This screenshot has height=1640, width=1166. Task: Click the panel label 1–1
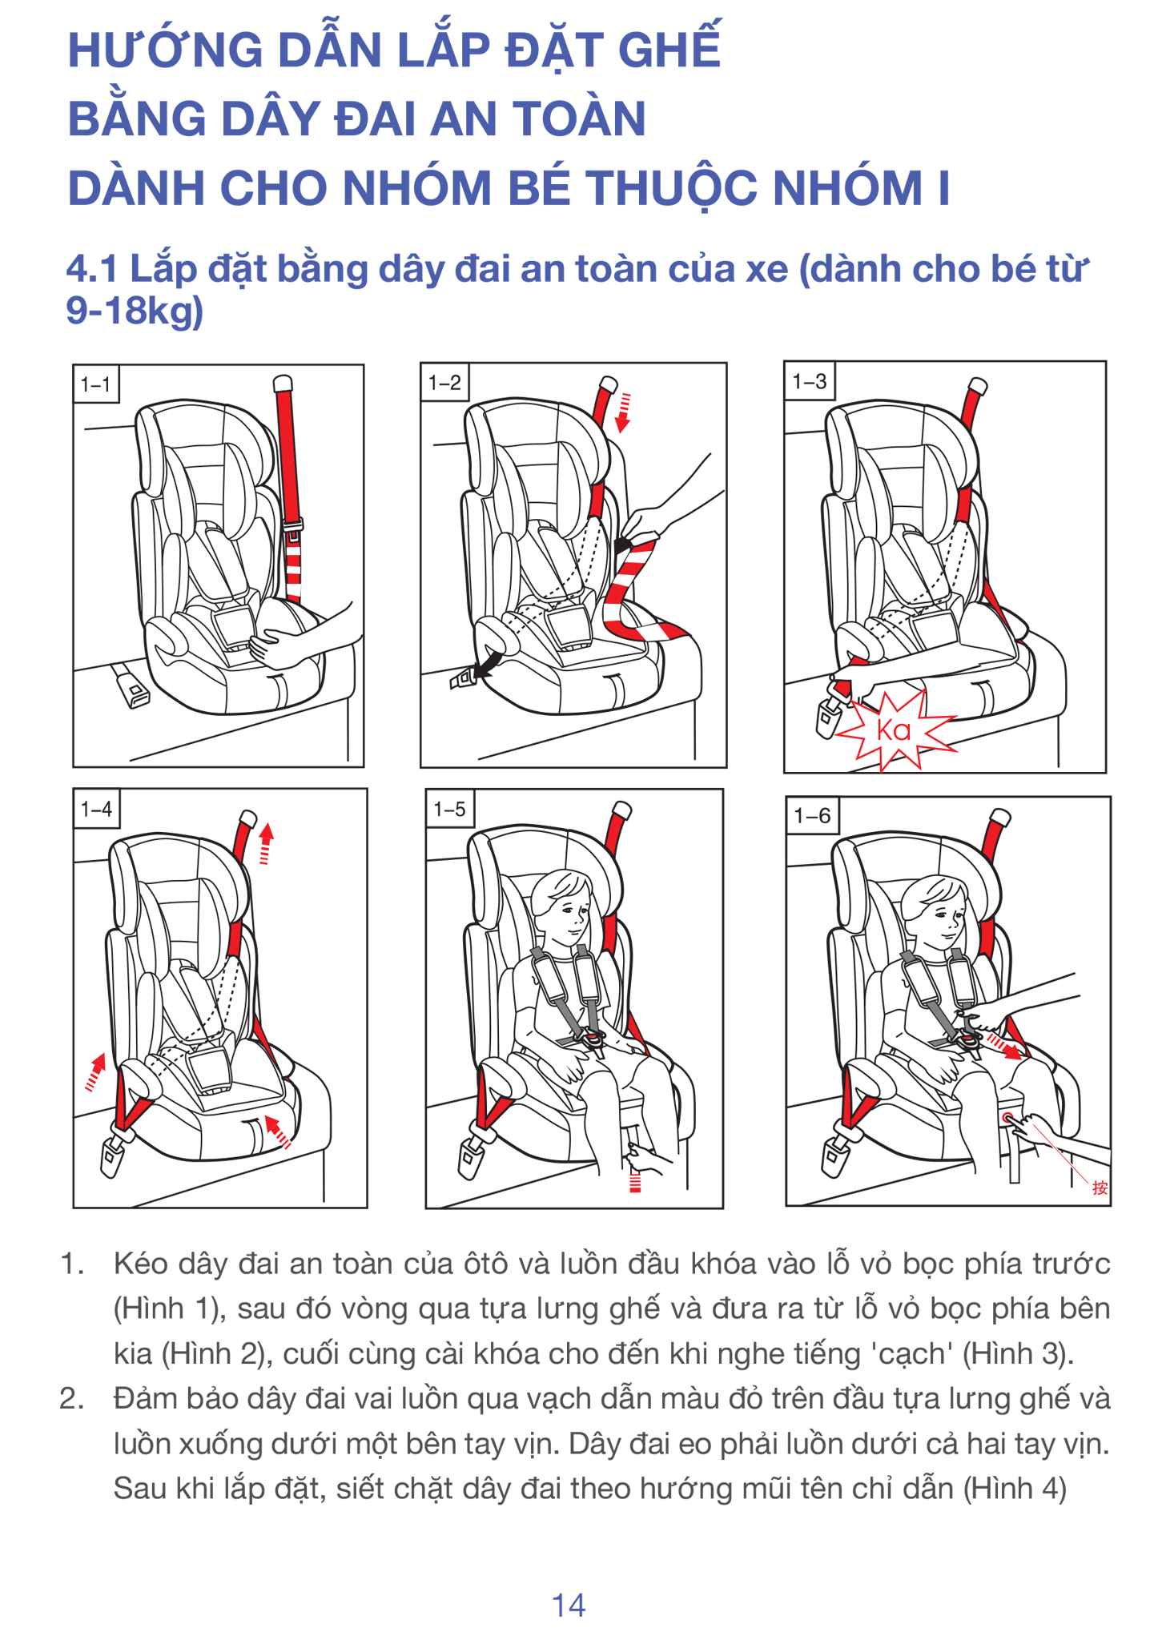point(95,384)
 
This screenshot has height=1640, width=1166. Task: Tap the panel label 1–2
point(444,383)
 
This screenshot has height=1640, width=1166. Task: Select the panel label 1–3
point(809,381)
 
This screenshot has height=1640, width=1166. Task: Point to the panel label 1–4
point(96,809)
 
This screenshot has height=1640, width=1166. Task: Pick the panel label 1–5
point(449,810)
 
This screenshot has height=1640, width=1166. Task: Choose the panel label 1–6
point(812,816)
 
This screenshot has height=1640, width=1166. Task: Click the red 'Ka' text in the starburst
point(894,730)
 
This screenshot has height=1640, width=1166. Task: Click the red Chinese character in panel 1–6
point(1100,1188)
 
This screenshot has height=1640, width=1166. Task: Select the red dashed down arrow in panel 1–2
point(623,412)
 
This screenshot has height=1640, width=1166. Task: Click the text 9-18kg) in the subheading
point(135,311)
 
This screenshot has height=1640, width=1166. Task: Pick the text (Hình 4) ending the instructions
point(1015,1489)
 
